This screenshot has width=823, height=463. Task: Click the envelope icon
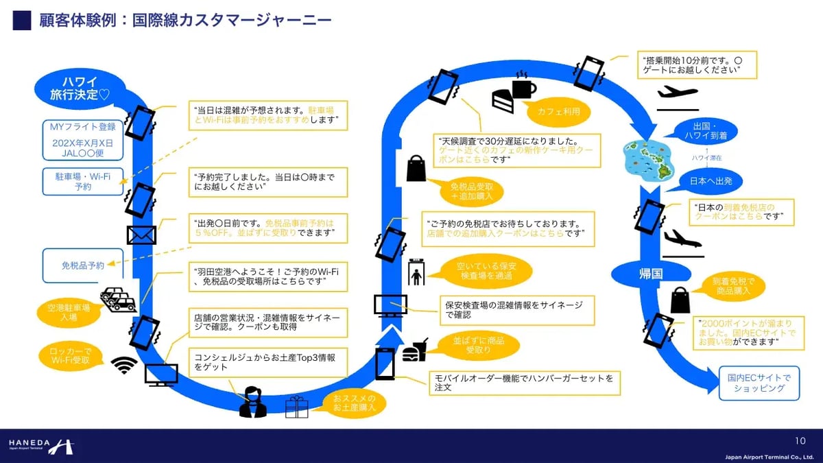tap(141, 235)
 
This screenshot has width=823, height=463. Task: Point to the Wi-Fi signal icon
tap(124, 365)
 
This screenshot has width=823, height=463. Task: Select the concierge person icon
tap(252, 402)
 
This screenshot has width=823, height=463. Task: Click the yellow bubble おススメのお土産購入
tap(355, 403)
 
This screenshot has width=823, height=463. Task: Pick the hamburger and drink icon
tap(416, 350)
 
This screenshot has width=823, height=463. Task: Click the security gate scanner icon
tap(417, 272)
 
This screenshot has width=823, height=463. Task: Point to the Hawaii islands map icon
tap(646, 157)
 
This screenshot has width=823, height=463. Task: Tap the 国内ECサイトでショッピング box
tap(759, 383)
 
